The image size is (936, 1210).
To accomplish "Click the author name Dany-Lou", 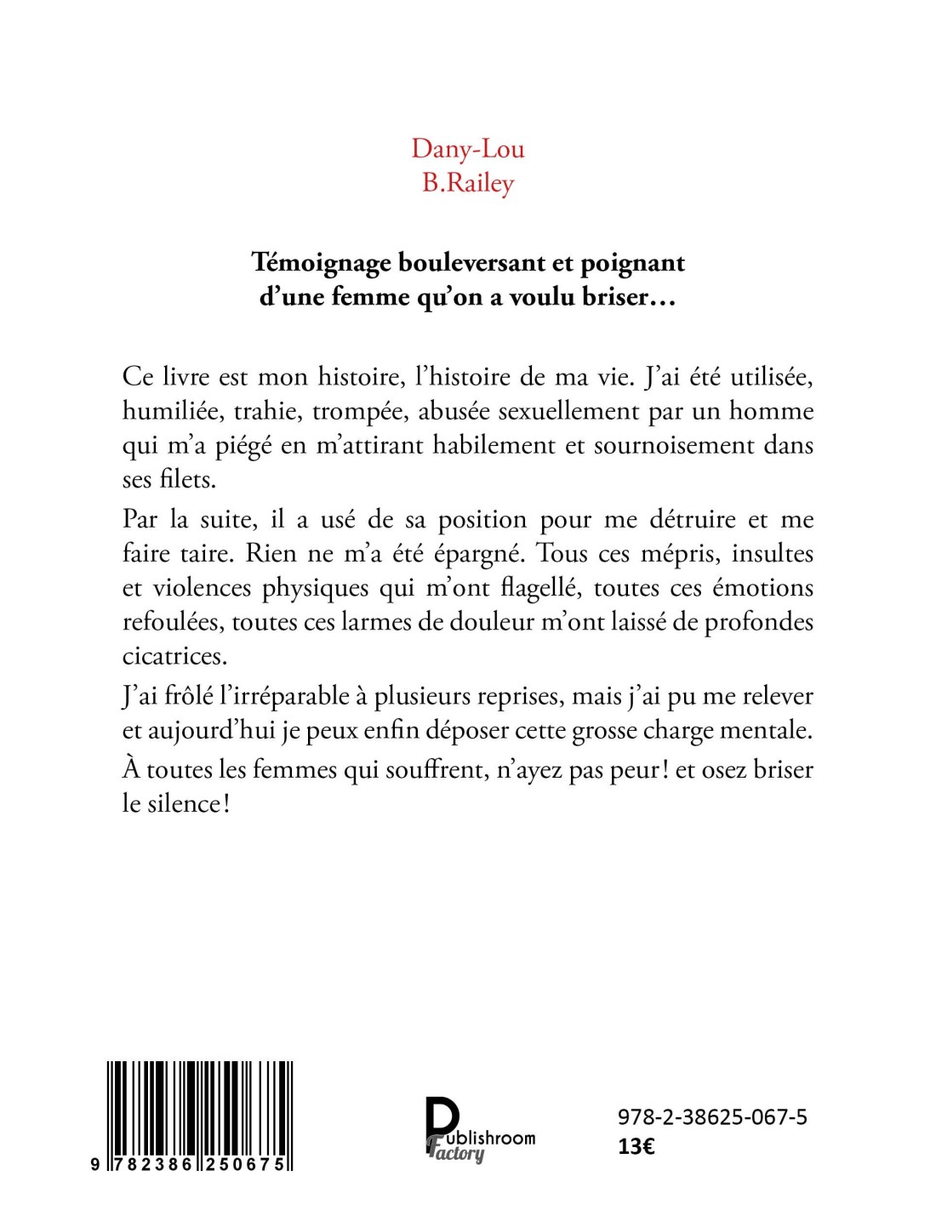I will click(x=468, y=149).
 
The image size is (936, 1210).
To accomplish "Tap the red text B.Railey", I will click(x=468, y=183).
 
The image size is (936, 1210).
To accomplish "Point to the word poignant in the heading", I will click(x=632, y=263).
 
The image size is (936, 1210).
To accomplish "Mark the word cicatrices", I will click(x=174, y=656).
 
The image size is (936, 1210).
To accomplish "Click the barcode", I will click(x=200, y=1115).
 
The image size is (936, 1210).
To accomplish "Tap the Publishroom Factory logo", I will click(x=479, y=1129).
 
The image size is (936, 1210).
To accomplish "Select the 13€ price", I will click(x=636, y=1146).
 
